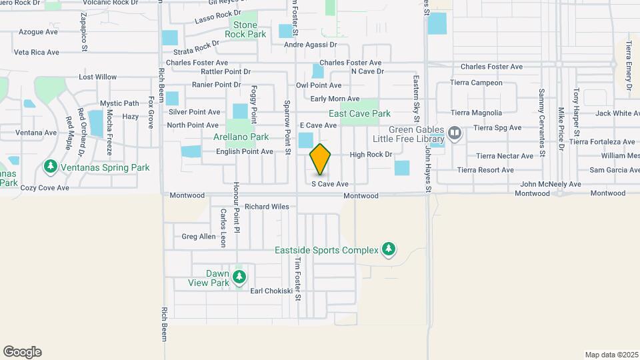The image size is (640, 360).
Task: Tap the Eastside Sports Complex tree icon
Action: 389,250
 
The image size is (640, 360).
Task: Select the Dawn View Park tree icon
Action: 239,276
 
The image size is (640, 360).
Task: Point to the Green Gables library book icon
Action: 455,133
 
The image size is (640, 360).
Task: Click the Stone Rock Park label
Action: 245,30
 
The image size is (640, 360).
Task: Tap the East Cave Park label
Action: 359,113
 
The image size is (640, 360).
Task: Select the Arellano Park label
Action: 241,137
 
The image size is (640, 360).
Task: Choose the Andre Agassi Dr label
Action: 311,45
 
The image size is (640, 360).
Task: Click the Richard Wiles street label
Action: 267,207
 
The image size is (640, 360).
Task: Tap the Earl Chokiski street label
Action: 271,291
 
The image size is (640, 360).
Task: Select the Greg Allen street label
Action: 199,237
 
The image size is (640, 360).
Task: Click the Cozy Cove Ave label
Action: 45,188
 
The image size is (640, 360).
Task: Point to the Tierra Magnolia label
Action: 476,113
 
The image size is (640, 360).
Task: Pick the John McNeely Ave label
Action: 551,184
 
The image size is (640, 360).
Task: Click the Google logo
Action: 23,352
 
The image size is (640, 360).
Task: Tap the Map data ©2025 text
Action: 610,355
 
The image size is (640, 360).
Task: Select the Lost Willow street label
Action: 97,77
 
